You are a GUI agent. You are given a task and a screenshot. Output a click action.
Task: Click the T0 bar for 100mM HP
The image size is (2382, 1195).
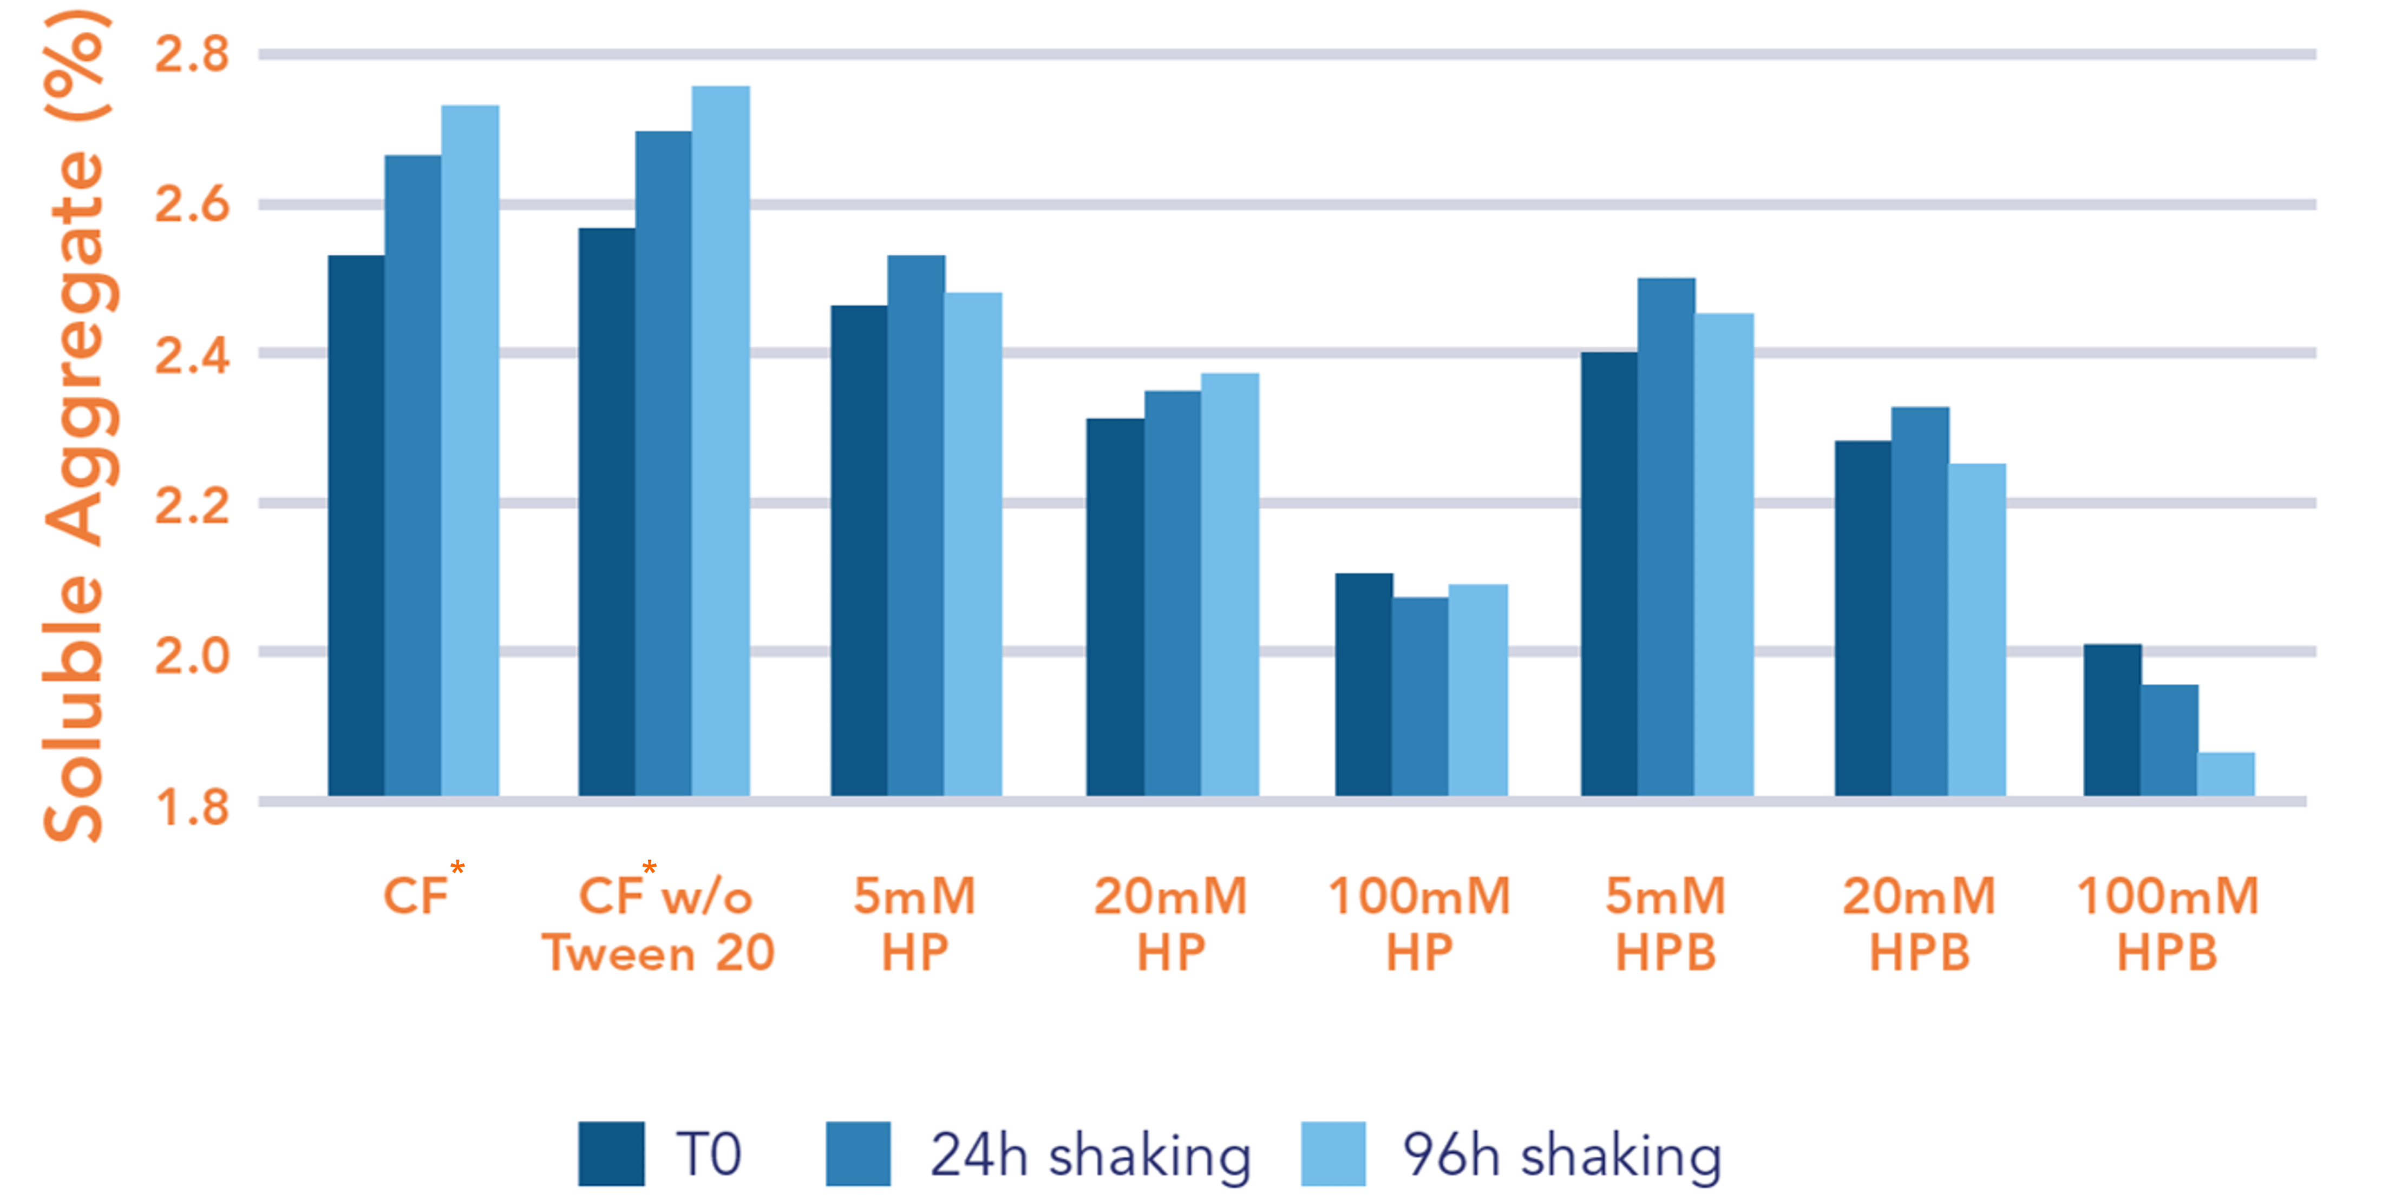tap(1364, 684)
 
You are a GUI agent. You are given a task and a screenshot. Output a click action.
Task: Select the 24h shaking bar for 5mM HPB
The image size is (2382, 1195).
tap(1666, 536)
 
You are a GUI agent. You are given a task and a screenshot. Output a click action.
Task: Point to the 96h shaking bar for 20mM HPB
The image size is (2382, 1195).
tap(1977, 629)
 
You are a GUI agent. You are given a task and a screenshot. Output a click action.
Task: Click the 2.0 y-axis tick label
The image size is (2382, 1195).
tap(192, 655)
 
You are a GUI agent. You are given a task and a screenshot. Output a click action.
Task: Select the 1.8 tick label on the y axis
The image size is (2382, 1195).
tap(192, 807)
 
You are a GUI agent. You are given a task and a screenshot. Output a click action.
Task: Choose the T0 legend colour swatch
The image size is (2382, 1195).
tap(611, 1153)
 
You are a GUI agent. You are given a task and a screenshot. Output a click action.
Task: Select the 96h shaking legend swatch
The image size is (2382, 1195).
tap(1332, 1153)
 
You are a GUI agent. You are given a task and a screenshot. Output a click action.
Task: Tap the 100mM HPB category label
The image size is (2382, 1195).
tap(2168, 924)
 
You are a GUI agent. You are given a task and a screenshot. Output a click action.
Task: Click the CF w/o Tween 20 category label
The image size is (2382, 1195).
tap(658, 924)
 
